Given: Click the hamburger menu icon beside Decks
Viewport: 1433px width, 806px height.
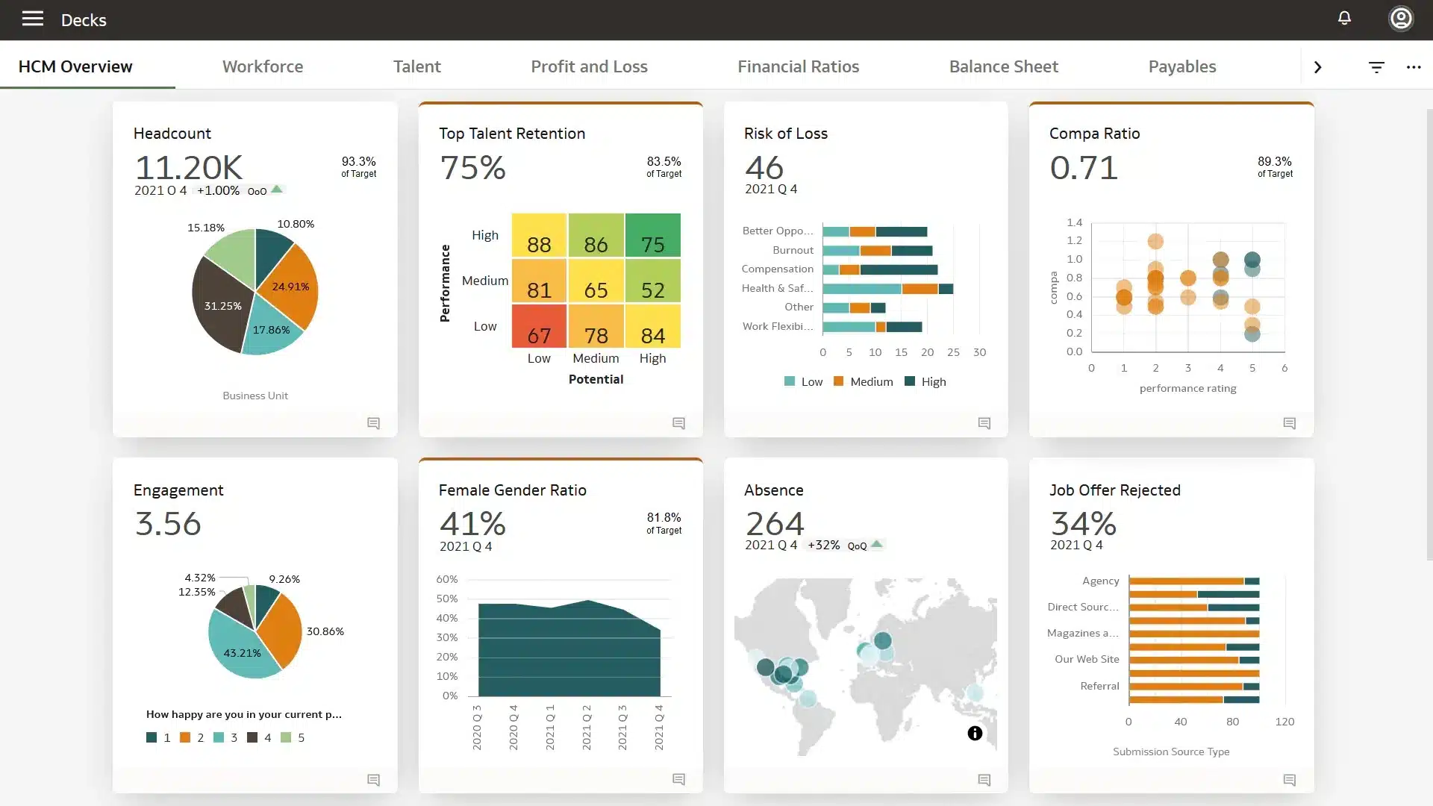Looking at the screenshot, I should pyautogui.click(x=32, y=19).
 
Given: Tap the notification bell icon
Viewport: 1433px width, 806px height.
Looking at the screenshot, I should pyautogui.click(x=1344, y=18).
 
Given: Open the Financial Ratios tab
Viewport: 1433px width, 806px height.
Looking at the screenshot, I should pyautogui.click(x=798, y=66).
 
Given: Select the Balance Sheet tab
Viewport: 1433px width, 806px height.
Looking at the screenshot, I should pyautogui.click(x=1003, y=66).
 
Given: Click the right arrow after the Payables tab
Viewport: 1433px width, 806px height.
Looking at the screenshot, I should pyautogui.click(x=1317, y=67).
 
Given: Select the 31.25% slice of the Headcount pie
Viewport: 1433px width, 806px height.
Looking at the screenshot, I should pyautogui.click(x=222, y=306).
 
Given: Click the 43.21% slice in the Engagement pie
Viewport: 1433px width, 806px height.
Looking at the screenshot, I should pyautogui.click(x=242, y=653).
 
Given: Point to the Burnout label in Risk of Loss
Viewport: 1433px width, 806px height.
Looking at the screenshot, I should pyautogui.click(x=793, y=250).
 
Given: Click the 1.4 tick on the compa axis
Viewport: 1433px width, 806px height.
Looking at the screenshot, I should pyautogui.click(x=1074, y=222).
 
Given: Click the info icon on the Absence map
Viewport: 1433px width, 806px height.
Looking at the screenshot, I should pyautogui.click(x=975, y=734).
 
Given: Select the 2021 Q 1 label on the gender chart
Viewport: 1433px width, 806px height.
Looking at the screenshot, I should pyautogui.click(x=550, y=728).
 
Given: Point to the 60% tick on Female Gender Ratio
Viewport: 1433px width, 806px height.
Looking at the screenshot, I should pyautogui.click(x=446, y=579).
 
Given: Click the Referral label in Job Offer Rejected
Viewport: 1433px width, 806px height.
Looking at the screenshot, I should pyautogui.click(x=1099, y=686).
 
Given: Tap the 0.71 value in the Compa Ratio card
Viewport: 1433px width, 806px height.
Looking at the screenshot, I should pyautogui.click(x=1084, y=167).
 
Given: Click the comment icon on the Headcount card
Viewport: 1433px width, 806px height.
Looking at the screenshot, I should pyautogui.click(x=374, y=423).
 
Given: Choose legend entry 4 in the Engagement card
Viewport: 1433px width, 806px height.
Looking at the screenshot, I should pyautogui.click(x=260, y=737).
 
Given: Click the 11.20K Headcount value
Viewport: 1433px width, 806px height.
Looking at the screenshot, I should pyautogui.click(x=189, y=167).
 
